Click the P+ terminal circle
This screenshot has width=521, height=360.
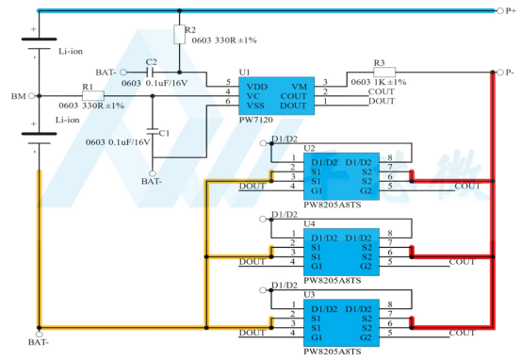(500, 11)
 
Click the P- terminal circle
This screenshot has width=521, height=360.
(500, 73)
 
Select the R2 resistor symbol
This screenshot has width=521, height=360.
(179, 34)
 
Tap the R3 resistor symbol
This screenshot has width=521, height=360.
(384, 73)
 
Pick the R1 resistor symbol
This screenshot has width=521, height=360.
(93, 96)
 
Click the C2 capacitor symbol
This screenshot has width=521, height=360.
(150, 73)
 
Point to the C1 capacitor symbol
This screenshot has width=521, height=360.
(153, 131)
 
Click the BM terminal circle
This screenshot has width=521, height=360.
(32, 96)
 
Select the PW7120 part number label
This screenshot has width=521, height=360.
(256, 120)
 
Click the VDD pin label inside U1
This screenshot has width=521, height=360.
(257, 87)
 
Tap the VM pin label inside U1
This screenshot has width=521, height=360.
(299, 87)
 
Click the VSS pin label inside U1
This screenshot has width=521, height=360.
(255, 106)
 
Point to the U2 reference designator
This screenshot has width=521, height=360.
(309, 148)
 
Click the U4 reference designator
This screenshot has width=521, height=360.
(309, 223)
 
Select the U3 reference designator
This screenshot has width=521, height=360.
(309, 295)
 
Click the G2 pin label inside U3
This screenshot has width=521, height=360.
(366, 337)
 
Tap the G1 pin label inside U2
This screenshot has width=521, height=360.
(317, 190)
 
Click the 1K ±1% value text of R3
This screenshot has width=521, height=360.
(390, 82)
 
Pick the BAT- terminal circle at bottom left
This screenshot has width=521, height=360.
(40, 334)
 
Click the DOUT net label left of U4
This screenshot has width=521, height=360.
(252, 262)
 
